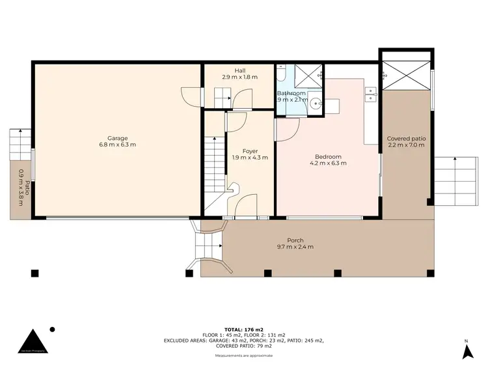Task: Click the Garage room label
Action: coord(117,138)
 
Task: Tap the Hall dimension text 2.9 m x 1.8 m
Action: coord(239,77)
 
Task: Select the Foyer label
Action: coord(250,151)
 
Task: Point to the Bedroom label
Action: coord(328,156)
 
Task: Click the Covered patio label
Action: coord(406,139)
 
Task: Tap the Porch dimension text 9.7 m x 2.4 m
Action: coord(295,247)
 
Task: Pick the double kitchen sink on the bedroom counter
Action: coord(372,94)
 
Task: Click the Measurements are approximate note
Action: coord(244,356)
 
